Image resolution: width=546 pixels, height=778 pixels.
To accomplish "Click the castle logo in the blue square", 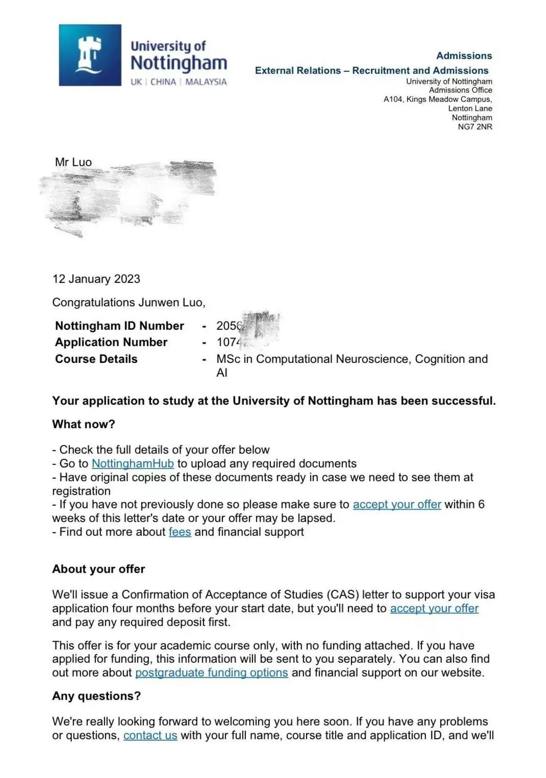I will pos(90,55).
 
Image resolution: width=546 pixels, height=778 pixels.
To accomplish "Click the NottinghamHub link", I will pos(133,463).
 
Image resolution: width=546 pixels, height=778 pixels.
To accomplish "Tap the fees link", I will pos(180,532).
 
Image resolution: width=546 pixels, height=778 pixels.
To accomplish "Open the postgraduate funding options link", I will pos(211,672).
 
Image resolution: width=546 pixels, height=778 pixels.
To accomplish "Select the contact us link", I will pos(150,735).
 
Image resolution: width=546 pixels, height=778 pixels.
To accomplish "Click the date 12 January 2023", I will pos(96,279).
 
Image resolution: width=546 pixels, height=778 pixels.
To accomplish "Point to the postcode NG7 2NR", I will pos(475,126).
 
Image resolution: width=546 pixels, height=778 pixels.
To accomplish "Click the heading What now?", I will pos(84,424).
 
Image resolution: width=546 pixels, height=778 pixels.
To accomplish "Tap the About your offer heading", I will pos(98,569).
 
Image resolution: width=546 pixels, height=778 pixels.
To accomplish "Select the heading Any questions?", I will pos(96,696).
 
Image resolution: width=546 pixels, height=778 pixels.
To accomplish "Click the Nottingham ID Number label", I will pos(119,326).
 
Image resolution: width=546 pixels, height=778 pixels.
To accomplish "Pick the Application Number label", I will pos(111,342).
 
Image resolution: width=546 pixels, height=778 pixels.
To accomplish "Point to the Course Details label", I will pos(96,359).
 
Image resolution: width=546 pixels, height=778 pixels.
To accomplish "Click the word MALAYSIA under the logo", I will pos(206,82).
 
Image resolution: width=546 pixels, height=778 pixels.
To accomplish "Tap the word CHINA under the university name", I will pos(163,82).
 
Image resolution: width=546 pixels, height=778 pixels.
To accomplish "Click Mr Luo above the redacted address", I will pos(73,162).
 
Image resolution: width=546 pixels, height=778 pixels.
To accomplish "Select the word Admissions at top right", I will pos(464,56).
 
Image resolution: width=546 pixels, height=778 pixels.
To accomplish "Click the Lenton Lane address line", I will pos(470,108).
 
